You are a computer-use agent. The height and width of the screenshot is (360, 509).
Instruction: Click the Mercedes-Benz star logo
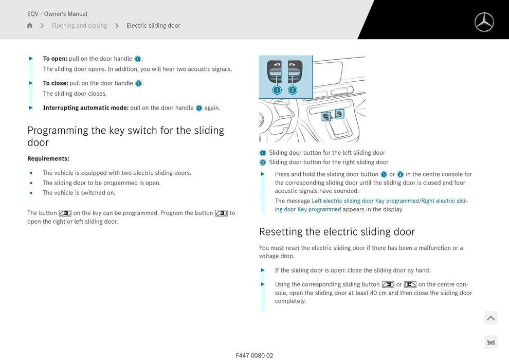(x=484, y=22)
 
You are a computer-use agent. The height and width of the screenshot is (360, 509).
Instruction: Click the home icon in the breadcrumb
(x=30, y=25)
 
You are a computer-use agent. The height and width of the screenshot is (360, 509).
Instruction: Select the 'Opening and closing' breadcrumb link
(x=80, y=25)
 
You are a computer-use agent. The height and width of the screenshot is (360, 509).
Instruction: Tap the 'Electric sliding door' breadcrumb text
(x=153, y=25)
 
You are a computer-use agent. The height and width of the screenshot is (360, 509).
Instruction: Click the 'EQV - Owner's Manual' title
(x=57, y=14)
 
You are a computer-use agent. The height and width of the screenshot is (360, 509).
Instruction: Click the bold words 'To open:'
(x=55, y=59)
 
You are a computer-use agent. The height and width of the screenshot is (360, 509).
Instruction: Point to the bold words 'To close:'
(x=56, y=83)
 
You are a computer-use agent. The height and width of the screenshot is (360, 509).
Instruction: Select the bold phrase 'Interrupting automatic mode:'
(x=86, y=108)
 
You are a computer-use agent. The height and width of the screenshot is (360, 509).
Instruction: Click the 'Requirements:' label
(x=48, y=158)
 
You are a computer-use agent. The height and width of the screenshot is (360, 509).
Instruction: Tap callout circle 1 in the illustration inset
(x=277, y=90)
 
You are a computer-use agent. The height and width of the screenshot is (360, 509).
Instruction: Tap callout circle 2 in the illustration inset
(x=293, y=90)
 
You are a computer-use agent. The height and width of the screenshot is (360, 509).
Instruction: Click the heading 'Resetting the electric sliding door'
(x=337, y=232)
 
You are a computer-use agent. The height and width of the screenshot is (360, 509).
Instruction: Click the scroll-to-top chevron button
(x=491, y=318)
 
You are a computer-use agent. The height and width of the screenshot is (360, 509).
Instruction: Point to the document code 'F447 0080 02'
(x=254, y=355)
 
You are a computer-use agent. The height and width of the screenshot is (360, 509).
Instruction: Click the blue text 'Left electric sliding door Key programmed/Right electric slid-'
(x=390, y=201)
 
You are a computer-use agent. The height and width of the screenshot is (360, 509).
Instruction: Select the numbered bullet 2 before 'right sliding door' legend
(x=263, y=163)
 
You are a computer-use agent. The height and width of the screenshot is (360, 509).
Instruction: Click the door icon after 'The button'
(x=65, y=213)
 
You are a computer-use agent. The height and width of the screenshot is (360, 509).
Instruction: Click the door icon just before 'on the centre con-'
(x=410, y=285)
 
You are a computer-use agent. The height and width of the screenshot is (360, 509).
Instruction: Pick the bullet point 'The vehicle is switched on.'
(x=79, y=193)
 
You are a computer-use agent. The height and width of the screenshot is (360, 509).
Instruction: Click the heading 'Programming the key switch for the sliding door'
(x=125, y=136)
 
